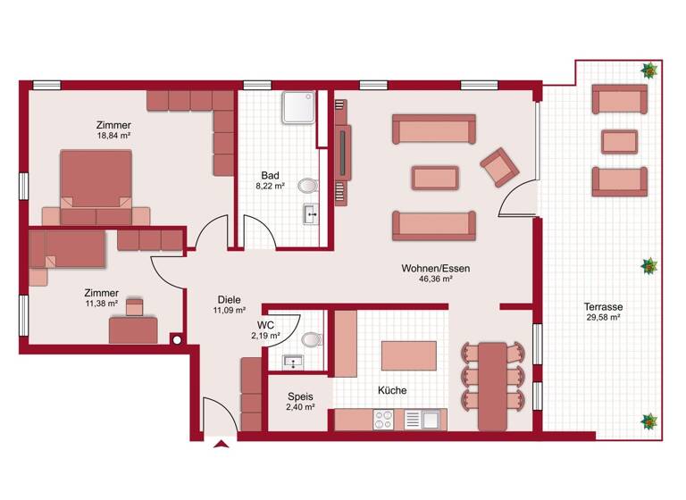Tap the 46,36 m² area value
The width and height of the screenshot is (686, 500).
(x=435, y=279)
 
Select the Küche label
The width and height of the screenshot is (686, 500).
(x=392, y=391)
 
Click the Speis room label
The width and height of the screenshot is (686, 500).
(x=299, y=396)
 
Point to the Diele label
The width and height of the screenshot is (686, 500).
(x=229, y=300)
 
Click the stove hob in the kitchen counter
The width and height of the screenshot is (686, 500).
(x=384, y=418)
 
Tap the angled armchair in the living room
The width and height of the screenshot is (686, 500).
(x=498, y=167)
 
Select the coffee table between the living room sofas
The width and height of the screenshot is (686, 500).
(x=434, y=177)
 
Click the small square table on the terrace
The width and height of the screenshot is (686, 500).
(x=619, y=141)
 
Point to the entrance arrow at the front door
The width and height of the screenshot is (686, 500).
(x=221, y=442)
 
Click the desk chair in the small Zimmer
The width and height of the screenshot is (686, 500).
(x=134, y=307)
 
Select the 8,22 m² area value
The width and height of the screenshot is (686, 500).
(x=272, y=187)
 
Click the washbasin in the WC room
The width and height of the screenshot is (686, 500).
(x=291, y=362)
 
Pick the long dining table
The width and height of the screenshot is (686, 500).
(x=490, y=383)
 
